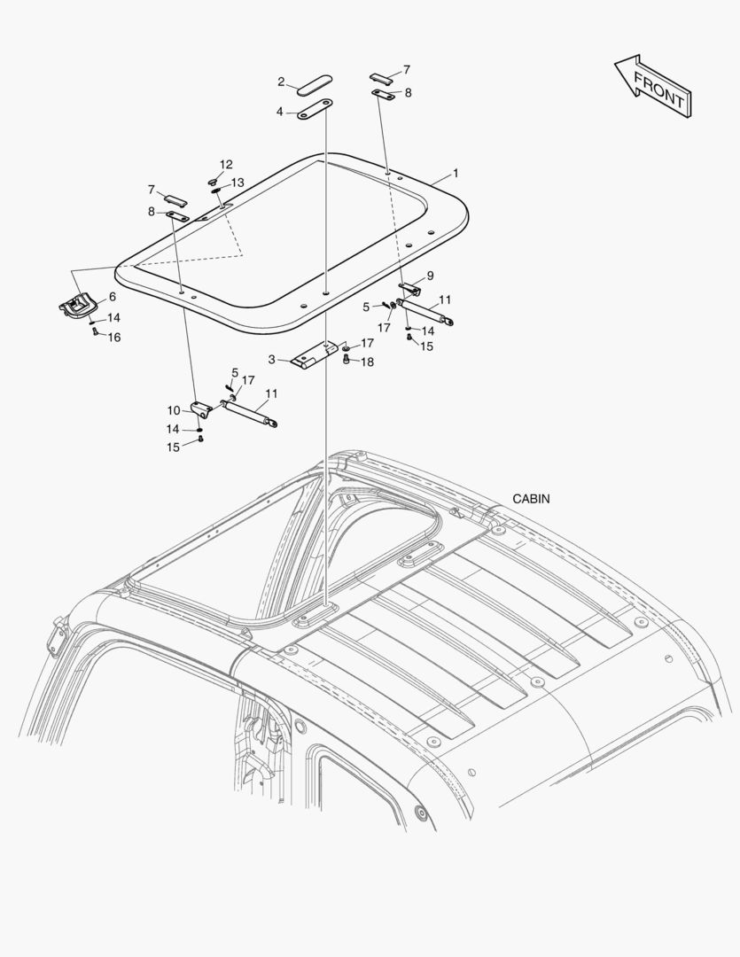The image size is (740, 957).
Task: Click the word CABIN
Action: (531, 499)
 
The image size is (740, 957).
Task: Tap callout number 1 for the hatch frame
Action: (456, 173)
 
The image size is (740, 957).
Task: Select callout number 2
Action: (281, 82)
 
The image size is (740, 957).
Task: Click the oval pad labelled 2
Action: (315, 86)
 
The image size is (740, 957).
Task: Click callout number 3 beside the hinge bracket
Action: (273, 360)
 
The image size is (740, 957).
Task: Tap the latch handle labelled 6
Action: (77, 306)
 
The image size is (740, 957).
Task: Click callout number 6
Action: (113, 297)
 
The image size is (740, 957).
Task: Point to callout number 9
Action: (429, 276)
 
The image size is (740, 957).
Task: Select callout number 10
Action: (174, 409)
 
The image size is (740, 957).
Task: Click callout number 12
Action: (226, 165)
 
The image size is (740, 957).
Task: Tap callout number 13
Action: (238, 183)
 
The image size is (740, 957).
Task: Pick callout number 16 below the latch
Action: (114, 338)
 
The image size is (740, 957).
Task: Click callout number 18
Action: (367, 362)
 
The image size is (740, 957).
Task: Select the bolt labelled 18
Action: (347, 360)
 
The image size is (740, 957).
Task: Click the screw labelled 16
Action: (92, 332)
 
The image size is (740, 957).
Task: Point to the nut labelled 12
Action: (214, 181)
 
